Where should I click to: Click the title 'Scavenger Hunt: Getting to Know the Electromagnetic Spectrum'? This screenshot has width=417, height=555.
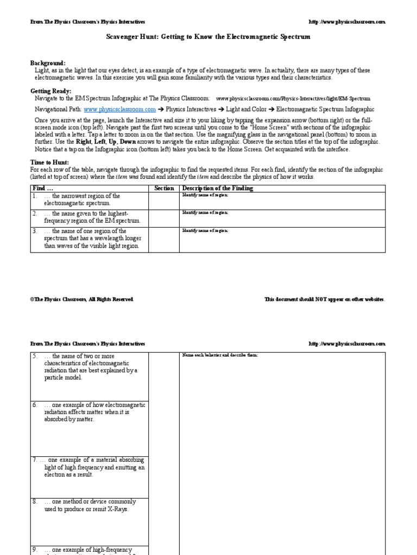pyautogui.click(x=208, y=37)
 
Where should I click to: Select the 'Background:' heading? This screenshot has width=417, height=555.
pyautogui.click(x=48, y=63)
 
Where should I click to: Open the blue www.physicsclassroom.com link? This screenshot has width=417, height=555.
pyautogui.click(x=120, y=109)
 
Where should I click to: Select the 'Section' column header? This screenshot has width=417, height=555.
pyautogui.click(x=164, y=188)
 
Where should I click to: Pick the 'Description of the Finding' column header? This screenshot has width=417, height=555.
pyautogui.click(x=217, y=188)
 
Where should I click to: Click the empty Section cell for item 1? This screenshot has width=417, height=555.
pyautogui.click(x=164, y=201)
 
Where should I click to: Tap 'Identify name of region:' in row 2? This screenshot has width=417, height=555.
pyautogui.click(x=205, y=212)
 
